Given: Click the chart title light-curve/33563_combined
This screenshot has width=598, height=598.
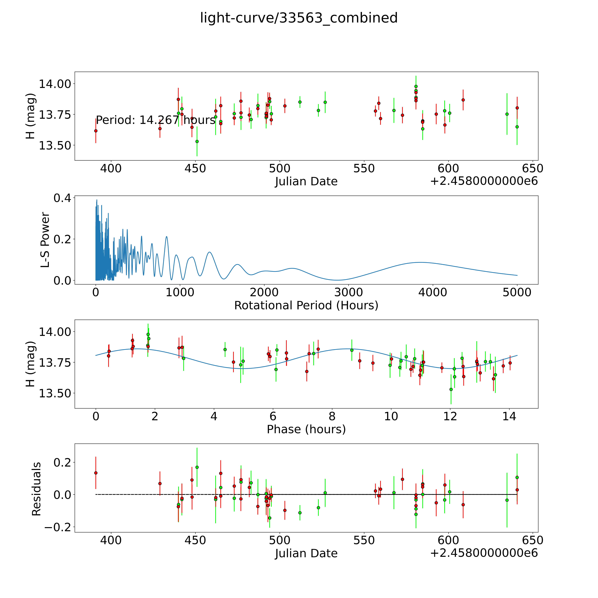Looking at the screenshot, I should click(x=299, y=18).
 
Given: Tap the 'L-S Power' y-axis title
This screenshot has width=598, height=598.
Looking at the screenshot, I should click(x=45, y=240).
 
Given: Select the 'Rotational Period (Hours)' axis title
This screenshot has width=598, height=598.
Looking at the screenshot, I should click(x=306, y=306).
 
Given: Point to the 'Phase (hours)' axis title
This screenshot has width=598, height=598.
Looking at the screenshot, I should click(x=306, y=429).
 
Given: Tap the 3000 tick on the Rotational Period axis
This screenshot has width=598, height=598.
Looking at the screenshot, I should click(x=349, y=292).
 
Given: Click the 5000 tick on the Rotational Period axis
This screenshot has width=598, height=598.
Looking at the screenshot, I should click(x=517, y=292).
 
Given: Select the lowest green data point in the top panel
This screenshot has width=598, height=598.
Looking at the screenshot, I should click(x=197, y=141).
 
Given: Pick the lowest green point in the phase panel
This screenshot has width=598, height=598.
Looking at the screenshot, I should click(x=451, y=389).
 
